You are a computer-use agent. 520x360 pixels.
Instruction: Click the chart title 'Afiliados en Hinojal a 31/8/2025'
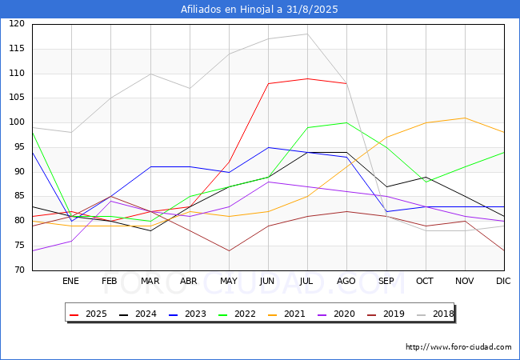(259, 10)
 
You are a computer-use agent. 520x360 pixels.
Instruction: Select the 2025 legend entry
(89, 314)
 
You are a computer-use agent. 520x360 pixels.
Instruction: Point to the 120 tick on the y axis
(17, 24)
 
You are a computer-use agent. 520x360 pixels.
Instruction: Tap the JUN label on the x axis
(267, 281)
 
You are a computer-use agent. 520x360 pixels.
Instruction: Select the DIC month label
(503, 281)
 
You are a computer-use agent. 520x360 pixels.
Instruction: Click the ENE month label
(70, 281)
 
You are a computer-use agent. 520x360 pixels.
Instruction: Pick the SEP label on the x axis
(386, 281)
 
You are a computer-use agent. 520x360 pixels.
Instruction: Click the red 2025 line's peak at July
(307, 78)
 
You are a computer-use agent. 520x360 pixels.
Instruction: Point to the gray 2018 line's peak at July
(307, 34)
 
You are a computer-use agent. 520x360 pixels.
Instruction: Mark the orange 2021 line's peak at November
(465, 118)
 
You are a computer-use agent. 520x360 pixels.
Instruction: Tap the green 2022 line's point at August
(346, 122)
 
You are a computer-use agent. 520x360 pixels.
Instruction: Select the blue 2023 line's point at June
(268, 147)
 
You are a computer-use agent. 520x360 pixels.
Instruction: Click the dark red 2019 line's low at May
(229, 250)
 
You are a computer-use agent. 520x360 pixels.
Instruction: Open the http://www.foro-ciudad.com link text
(458, 347)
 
